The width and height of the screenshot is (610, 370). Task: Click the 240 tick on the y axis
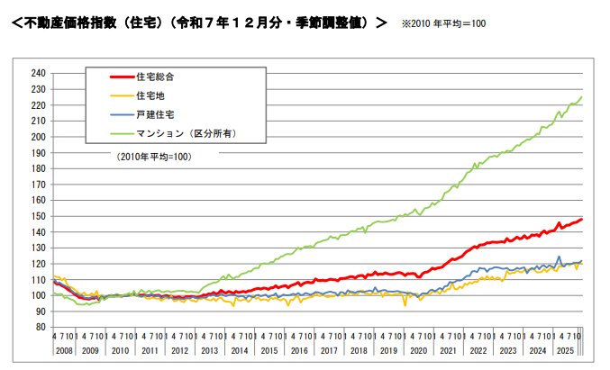coord(38,73)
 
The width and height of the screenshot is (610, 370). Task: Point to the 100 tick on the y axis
coord(38,295)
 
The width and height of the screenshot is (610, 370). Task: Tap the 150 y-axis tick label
coord(38,216)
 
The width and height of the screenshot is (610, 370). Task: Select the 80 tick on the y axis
coord(41,327)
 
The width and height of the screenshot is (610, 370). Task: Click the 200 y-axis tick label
coord(38,137)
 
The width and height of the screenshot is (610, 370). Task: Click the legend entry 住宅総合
coord(155,77)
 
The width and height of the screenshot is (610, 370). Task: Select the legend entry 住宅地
coord(150,95)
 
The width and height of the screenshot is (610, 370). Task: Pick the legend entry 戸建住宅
coord(155,114)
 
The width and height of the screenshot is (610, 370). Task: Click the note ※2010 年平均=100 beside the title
coord(443,23)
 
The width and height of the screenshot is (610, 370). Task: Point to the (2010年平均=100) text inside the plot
coord(154,156)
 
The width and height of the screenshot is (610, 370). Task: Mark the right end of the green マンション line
coord(582,96)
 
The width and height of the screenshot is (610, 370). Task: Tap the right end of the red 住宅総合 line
coord(582,219)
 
